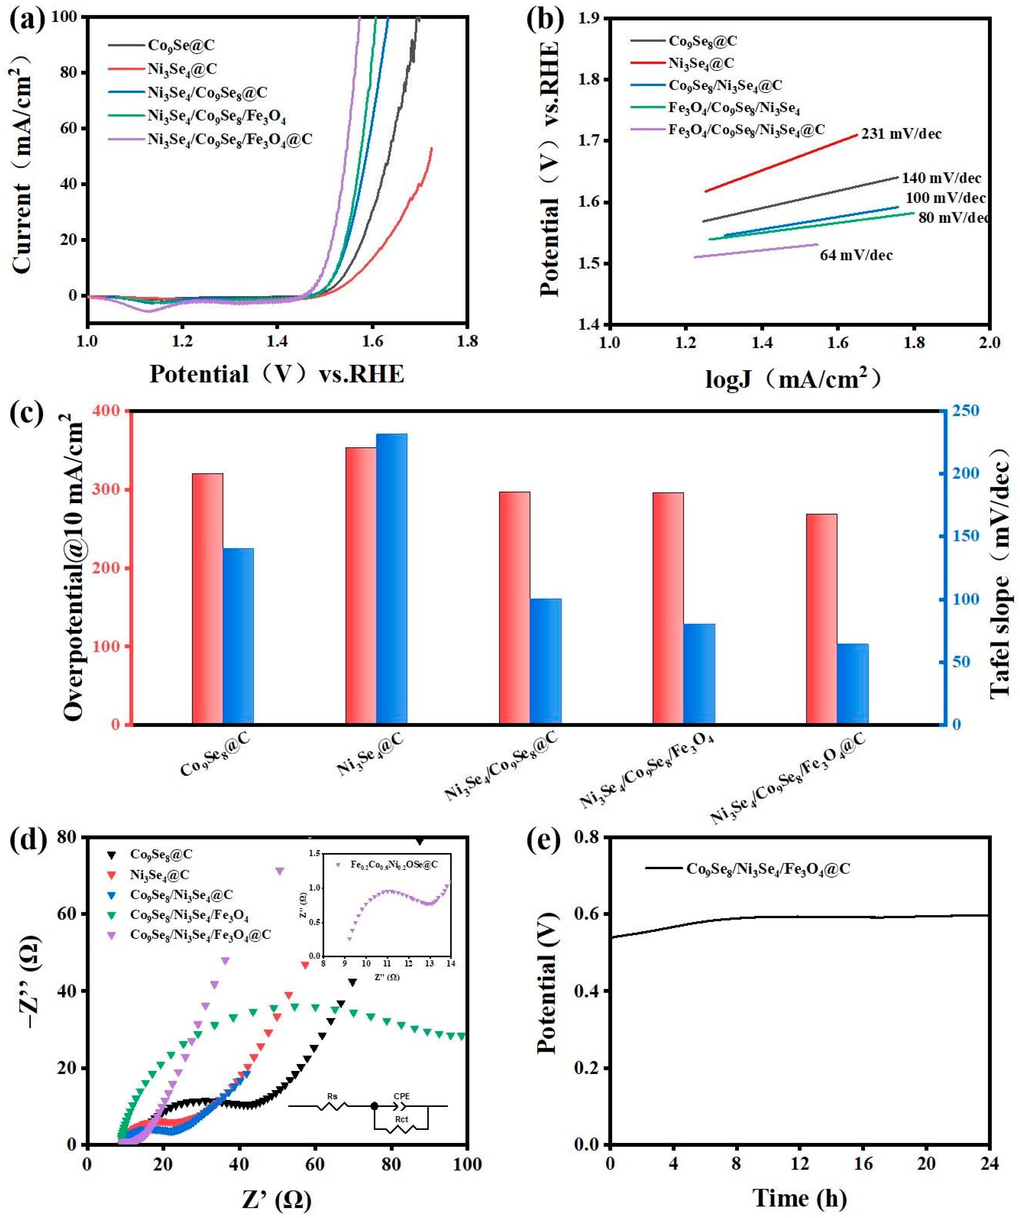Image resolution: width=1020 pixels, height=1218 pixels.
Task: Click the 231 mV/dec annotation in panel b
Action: [x=901, y=134]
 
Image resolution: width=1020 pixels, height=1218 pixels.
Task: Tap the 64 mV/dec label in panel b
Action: [x=856, y=255]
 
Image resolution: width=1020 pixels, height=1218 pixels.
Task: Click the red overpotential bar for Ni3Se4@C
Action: [x=361, y=586]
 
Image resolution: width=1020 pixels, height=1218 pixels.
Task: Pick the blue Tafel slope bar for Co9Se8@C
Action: [x=238, y=636]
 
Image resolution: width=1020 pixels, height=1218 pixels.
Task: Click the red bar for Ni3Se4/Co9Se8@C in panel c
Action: [x=514, y=608]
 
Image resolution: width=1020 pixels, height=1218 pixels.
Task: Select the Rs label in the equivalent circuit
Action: [x=332, y=1096]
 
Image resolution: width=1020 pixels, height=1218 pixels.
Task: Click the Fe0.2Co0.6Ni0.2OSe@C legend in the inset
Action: [x=394, y=865]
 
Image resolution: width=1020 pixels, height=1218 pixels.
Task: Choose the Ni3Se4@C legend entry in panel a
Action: [x=182, y=69]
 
